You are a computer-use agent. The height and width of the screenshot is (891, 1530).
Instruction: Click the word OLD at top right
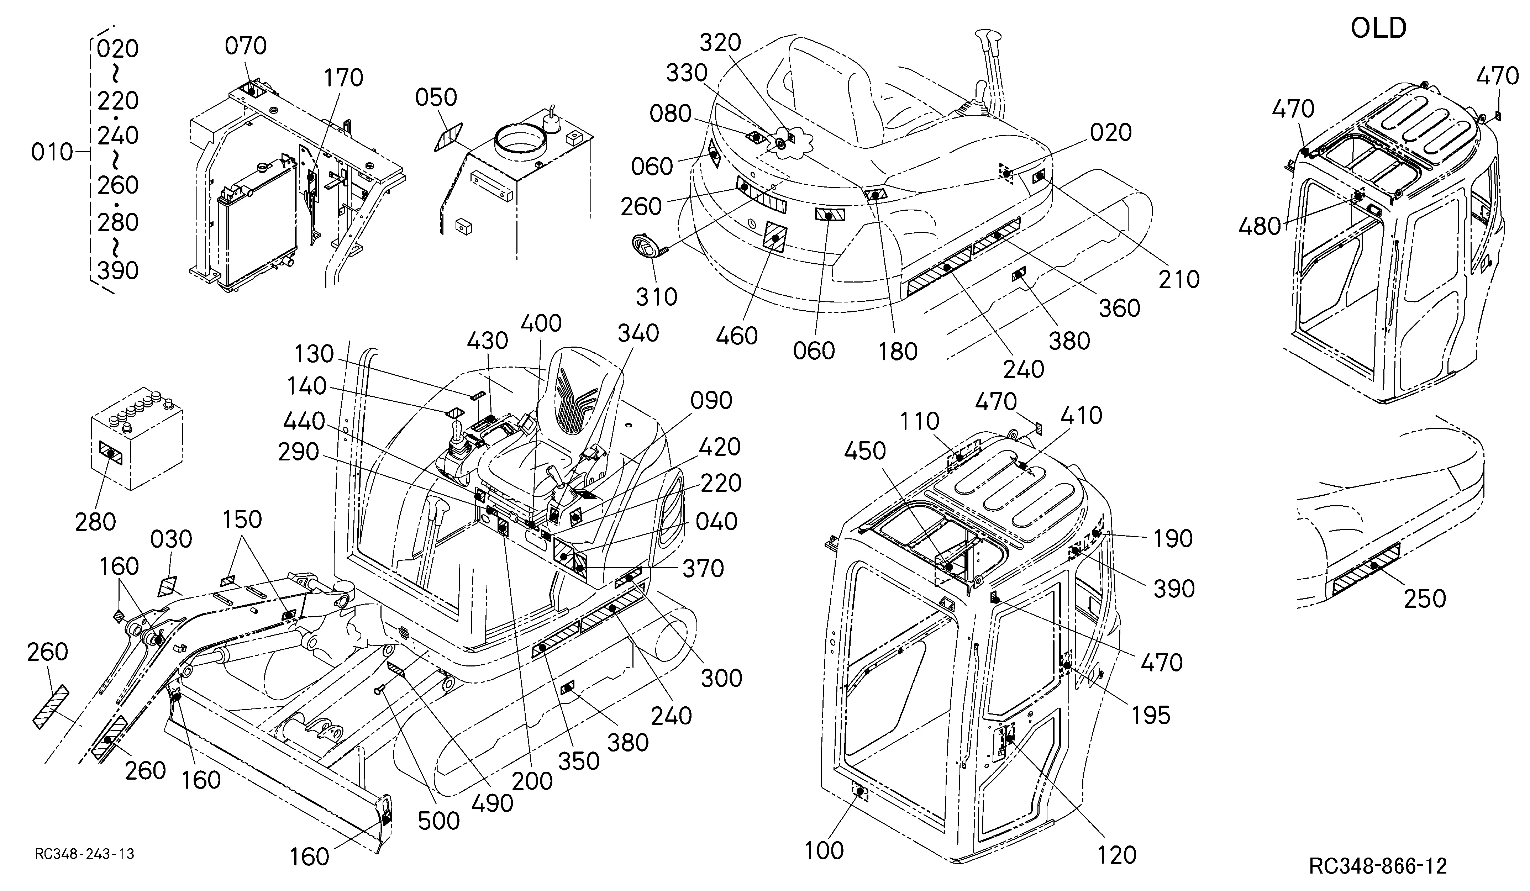pos(1378,28)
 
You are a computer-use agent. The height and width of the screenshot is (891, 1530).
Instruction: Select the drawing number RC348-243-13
pos(84,854)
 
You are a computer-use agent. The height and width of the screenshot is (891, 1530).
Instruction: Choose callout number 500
pos(438,821)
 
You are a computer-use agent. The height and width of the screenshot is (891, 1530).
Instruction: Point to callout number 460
pos(736,336)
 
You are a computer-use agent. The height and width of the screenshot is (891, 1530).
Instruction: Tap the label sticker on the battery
pos(110,453)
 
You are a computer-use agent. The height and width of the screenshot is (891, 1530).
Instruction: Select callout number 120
pos(1116,855)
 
